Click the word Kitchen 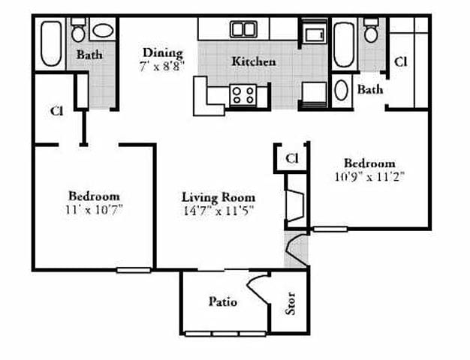253,61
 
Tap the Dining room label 163,52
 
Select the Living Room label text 218,197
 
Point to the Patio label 222,301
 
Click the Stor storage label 291,304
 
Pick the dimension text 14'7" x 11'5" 218,210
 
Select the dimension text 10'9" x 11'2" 369,177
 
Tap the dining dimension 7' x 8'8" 162,65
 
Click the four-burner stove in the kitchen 243,94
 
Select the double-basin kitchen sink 243,29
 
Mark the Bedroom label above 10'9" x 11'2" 369,163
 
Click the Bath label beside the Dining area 89,55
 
